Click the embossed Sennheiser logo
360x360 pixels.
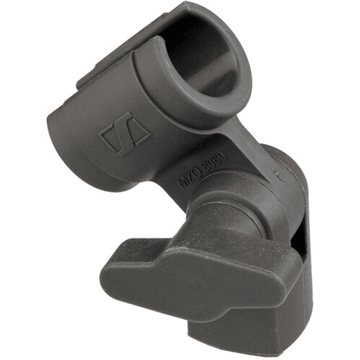click(x=125, y=133)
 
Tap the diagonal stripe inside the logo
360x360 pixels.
click(x=125, y=133)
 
